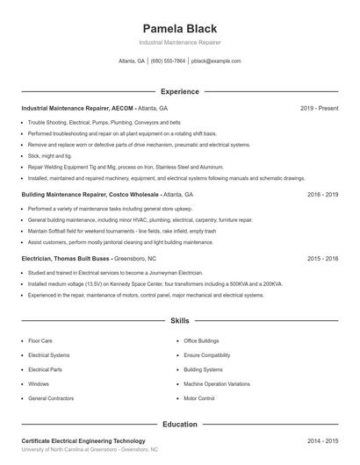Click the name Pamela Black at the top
(x=179, y=28)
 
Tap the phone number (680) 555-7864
(x=168, y=61)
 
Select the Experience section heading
(x=179, y=91)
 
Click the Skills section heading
(x=179, y=322)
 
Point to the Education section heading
(x=179, y=425)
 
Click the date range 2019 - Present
(x=319, y=108)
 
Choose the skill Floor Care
(x=40, y=340)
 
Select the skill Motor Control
(x=198, y=398)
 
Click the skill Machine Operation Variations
(x=216, y=383)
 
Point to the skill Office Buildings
(x=202, y=340)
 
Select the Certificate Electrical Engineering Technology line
(x=83, y=440)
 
